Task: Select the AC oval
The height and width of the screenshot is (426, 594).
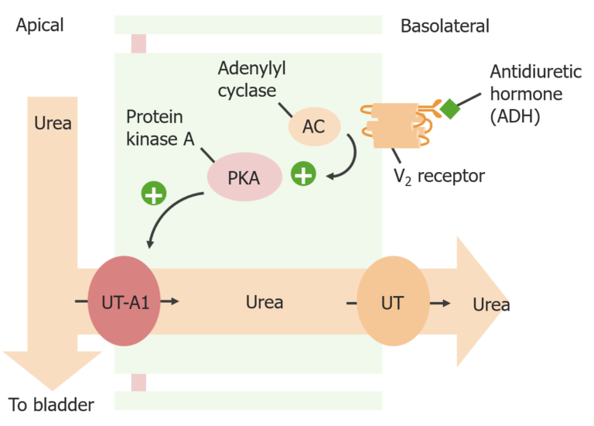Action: point(314,125)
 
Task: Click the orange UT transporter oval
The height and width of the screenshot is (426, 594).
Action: point(393,302)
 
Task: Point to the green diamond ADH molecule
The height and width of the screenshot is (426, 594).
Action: point(449,109)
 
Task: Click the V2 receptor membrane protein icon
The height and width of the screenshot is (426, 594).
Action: point(391,124)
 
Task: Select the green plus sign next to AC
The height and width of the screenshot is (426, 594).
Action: point(302,174)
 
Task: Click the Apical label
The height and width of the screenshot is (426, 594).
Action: point(39,26)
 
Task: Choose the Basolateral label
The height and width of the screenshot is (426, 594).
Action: point(445,26)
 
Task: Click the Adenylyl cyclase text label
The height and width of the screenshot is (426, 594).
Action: point(251,80)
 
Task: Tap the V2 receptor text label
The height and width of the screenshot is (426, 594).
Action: point(439,176)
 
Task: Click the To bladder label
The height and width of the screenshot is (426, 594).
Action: point(51,404)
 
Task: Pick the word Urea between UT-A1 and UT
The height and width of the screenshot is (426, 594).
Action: point(265,302)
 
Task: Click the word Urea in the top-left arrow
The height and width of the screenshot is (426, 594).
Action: point(53,123)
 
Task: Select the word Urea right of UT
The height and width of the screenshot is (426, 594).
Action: point(491,304)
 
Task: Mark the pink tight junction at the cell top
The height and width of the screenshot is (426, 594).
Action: point(138,43)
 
